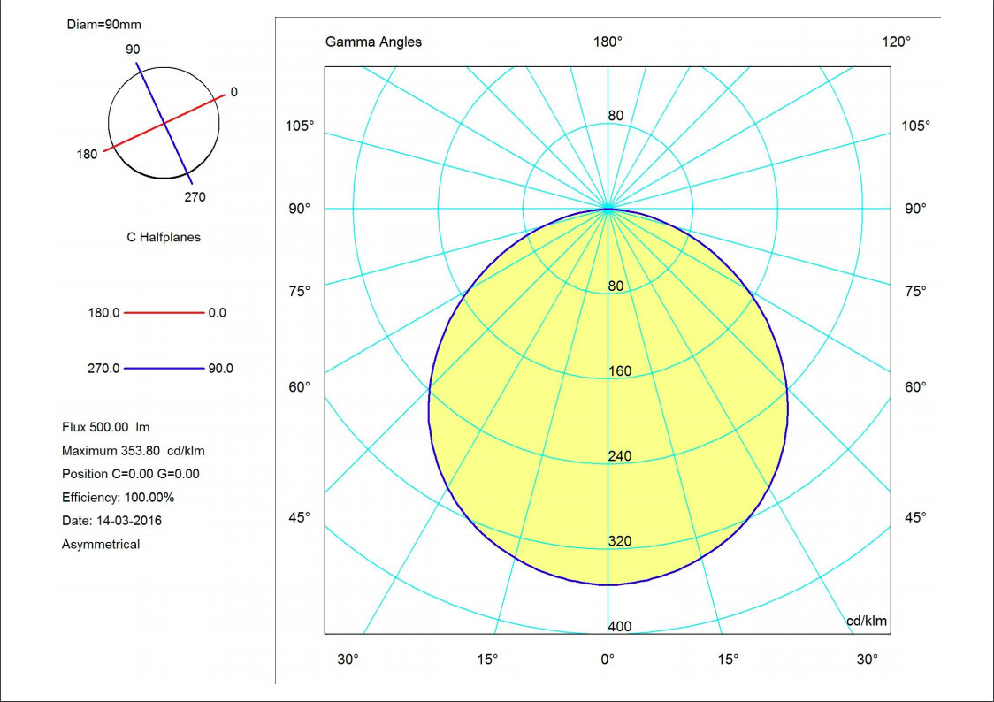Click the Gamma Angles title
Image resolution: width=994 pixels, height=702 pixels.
point(373,42)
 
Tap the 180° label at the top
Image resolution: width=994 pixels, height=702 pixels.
point(608,42)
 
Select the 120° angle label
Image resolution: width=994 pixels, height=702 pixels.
point(896,42)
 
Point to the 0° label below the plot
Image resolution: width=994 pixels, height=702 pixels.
point(608,659)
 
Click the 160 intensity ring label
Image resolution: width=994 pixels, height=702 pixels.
point(620,371)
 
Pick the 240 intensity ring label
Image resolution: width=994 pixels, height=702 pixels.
point(620,456)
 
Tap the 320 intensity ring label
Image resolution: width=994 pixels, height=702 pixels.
point(620,541)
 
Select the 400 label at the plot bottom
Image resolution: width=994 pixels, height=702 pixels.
point(620,626)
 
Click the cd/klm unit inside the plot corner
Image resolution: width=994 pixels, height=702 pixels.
point(867,621)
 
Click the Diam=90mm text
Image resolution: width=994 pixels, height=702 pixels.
point(103,24)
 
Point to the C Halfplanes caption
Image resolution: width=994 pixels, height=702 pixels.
point(164,237)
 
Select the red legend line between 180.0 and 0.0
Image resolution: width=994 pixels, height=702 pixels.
point(164,313)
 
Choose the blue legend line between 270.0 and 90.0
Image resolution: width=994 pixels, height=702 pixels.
point(164,369)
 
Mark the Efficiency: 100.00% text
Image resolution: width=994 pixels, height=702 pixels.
point(118,497)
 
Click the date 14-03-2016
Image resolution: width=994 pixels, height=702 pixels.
point(128,521)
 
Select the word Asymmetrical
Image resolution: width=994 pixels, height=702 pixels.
point(101,545)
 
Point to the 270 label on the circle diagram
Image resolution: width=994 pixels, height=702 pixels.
point(195,197)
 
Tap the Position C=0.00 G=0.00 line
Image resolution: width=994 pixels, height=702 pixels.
point(131,474)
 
